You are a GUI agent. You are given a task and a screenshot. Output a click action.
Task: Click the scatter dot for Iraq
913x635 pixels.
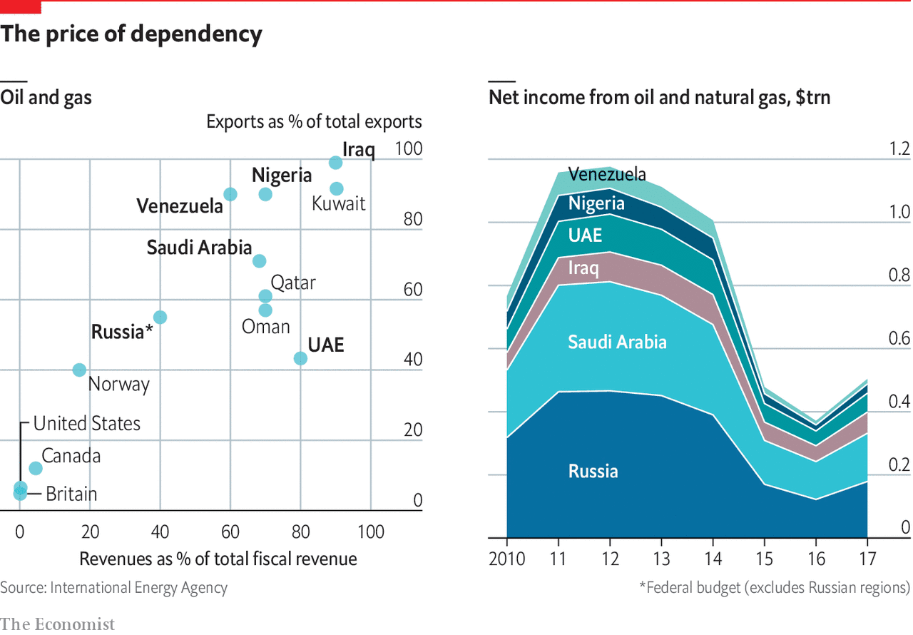335,163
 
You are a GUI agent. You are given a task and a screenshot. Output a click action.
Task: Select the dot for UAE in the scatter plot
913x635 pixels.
300,358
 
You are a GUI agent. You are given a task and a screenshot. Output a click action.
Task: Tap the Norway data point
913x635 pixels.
79,370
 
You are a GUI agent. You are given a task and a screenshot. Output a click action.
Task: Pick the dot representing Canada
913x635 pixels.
36,468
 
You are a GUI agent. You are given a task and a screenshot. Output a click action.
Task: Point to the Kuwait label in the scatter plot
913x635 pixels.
339,203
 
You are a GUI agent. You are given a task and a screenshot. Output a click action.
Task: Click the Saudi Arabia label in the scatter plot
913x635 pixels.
199,248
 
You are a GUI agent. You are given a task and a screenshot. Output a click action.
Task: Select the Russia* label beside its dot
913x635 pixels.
122,332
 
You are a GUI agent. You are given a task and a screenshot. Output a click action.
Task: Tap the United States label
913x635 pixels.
87,423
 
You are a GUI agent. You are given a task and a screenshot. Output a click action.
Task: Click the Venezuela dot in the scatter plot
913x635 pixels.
230,194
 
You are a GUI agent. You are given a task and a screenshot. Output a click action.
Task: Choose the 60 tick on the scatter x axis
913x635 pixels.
230,532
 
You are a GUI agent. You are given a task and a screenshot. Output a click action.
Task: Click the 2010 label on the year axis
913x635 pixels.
507,558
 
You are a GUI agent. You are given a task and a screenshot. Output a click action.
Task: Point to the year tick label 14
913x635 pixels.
715,558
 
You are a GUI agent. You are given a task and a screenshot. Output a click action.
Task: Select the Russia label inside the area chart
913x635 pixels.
593,471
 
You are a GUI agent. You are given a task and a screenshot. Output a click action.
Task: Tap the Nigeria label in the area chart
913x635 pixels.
596,203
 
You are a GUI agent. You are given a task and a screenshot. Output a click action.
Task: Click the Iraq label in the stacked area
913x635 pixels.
583,268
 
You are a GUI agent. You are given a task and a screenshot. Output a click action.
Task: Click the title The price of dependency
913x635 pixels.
131,34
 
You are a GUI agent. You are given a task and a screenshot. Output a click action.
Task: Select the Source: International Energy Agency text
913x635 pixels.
114,588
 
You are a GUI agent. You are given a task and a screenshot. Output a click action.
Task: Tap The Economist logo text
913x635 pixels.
57,624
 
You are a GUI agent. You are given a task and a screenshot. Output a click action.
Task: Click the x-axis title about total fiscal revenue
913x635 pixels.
218,558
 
